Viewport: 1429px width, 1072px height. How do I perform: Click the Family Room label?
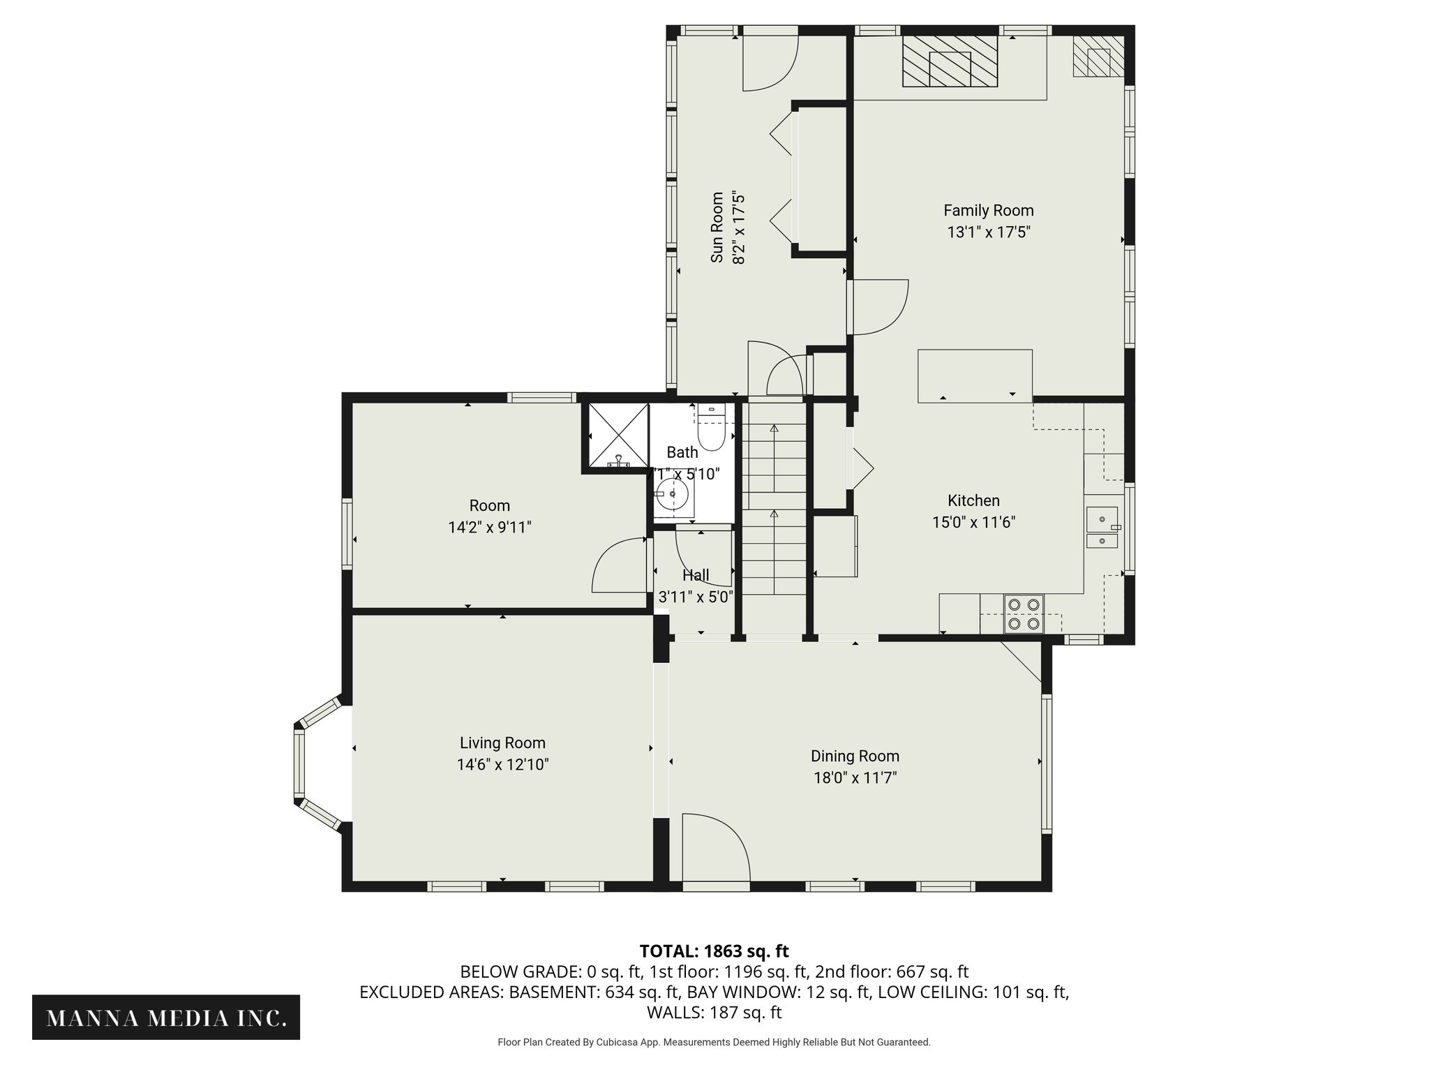[988, 210]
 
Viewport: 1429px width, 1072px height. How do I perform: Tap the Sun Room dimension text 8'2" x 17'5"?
[739, 228]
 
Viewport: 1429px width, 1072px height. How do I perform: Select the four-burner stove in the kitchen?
[1024, 613]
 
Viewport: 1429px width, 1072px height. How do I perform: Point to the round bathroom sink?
[673, 495]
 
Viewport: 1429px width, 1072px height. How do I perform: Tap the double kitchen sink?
[1102, 528]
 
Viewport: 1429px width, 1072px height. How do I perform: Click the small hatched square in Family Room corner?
[1098, 57]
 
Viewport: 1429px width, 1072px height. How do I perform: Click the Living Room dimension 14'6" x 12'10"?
[502, 765]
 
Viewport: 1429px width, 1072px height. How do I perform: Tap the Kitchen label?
[973, 500]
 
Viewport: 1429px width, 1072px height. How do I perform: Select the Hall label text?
[696, 576]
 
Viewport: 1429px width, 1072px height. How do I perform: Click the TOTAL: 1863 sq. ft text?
[714, 951]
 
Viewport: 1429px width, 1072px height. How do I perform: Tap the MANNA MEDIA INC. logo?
[166, 1017]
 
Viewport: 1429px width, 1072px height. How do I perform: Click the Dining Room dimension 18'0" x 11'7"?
[855, 777]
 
